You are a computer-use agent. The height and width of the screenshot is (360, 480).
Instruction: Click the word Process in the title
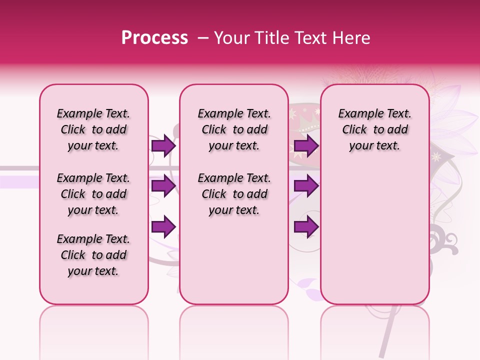(x=154, y=38)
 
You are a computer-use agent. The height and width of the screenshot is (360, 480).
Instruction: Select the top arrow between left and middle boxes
(x=163, y=146)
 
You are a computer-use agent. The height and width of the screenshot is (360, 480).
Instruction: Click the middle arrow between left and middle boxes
(x=163, y=186)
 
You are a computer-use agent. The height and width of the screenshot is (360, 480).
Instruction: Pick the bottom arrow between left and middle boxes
(x=163, y=227)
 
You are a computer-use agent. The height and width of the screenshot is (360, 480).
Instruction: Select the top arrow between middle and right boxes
(x=306, y=146)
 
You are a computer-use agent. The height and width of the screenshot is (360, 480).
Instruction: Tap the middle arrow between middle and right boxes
(x=306, y=186)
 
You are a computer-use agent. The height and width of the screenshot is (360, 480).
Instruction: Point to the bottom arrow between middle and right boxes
(x=306, y=227)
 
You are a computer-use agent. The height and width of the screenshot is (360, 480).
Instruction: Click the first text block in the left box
(x=93, y=129)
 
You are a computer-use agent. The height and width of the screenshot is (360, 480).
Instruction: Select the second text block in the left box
(x=93, y=194)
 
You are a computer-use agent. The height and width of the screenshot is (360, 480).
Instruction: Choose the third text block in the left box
(x=93, y=255)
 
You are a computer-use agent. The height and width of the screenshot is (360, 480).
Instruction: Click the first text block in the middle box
(x=234, y=129)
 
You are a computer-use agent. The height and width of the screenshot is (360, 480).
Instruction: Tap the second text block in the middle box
(x=234, y=194)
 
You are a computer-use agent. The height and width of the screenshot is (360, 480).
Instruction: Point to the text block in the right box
(x=375, y=129)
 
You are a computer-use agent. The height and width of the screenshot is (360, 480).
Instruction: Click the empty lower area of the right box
(x=375, y=235)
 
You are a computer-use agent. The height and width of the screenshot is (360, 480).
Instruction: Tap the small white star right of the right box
(x=436, y=157)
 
